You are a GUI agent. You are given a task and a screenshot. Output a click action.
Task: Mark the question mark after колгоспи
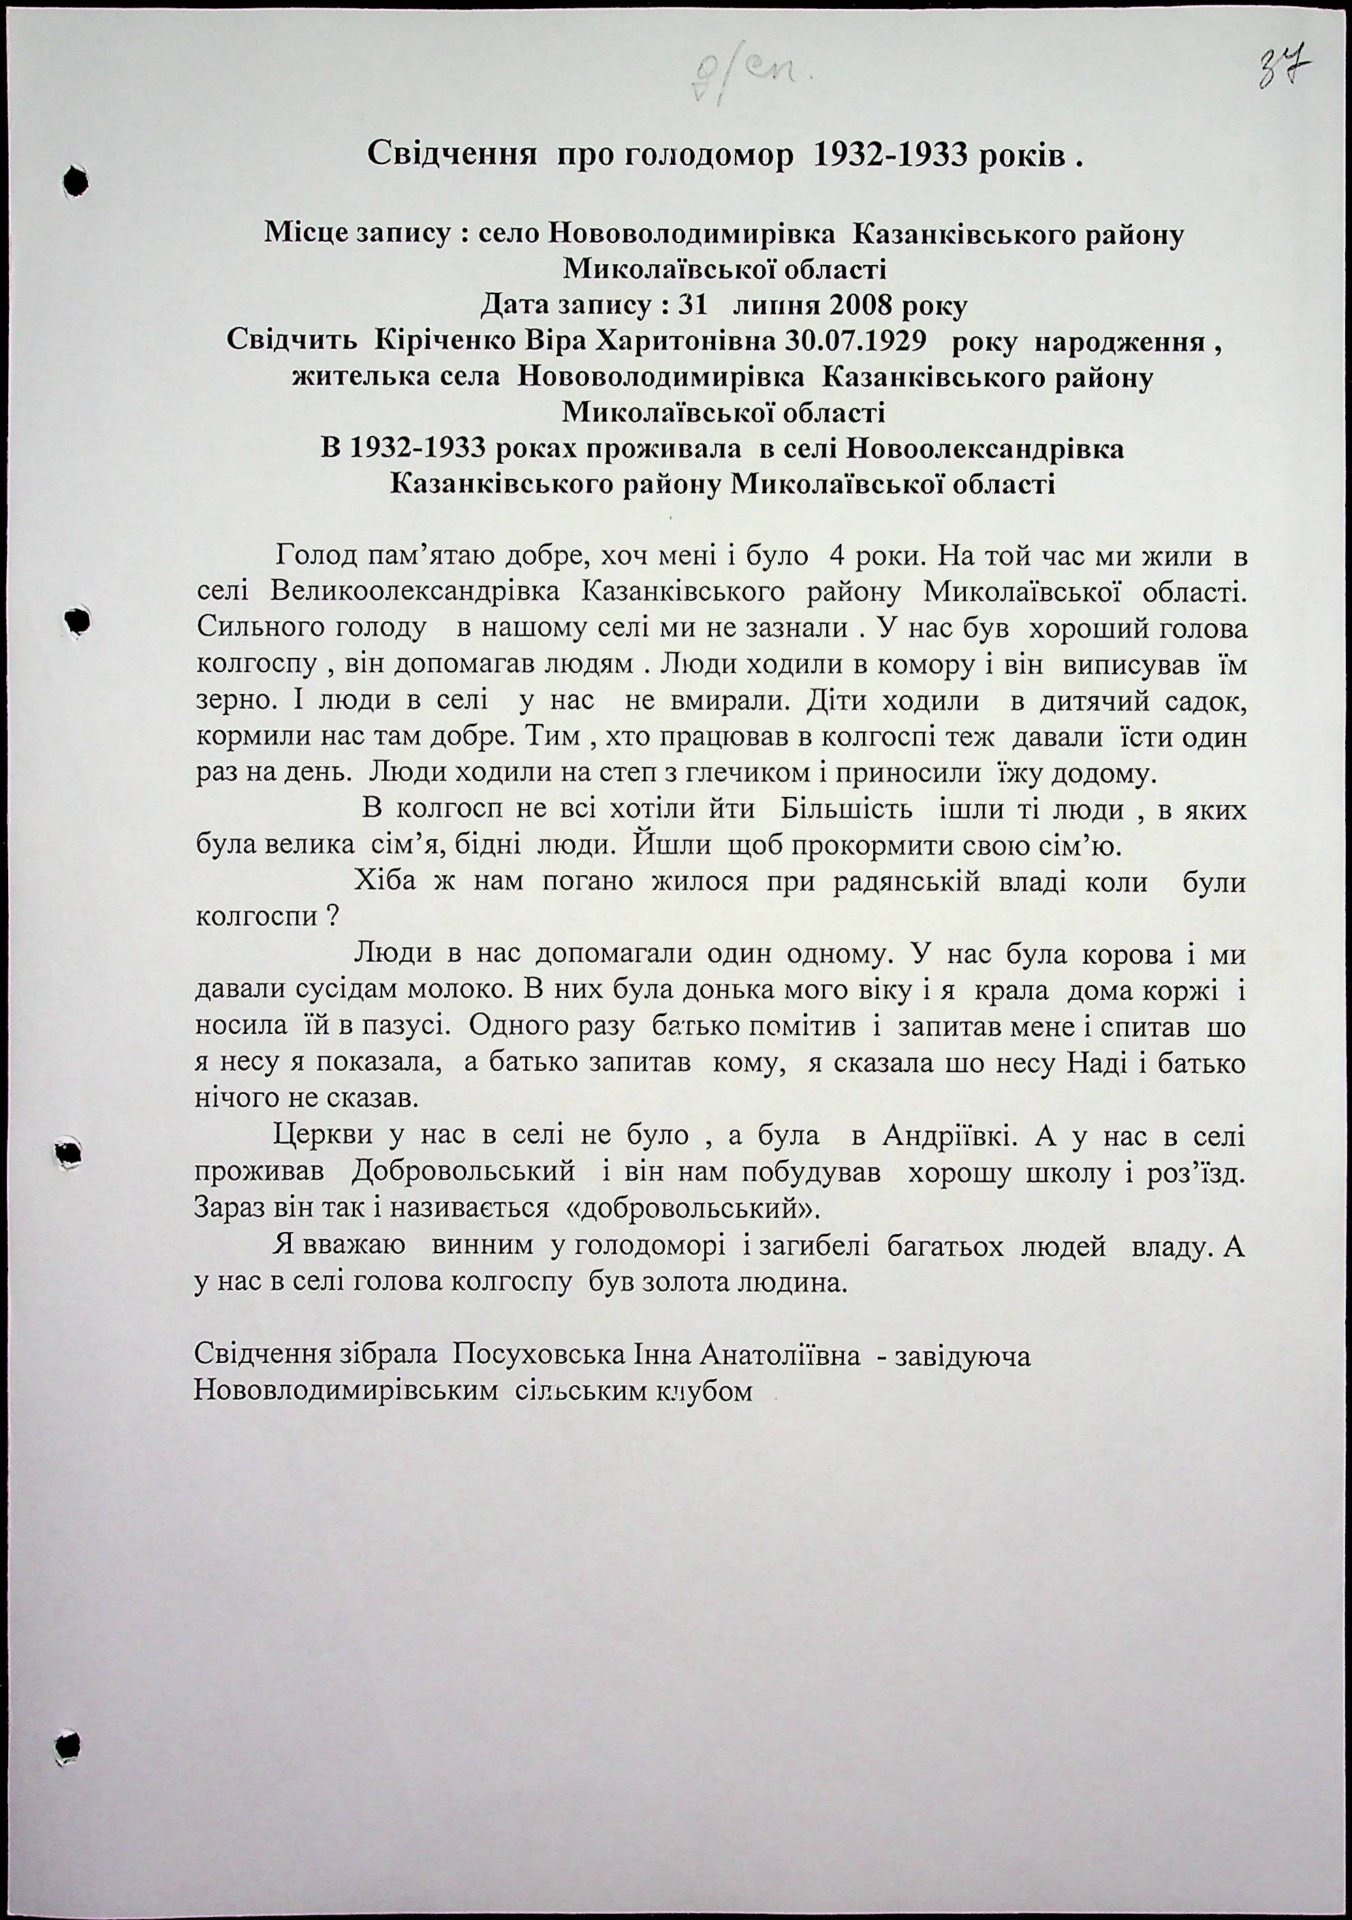click(x=332, y=917)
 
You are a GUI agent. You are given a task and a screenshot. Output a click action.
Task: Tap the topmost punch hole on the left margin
click(x=76, y=179)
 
